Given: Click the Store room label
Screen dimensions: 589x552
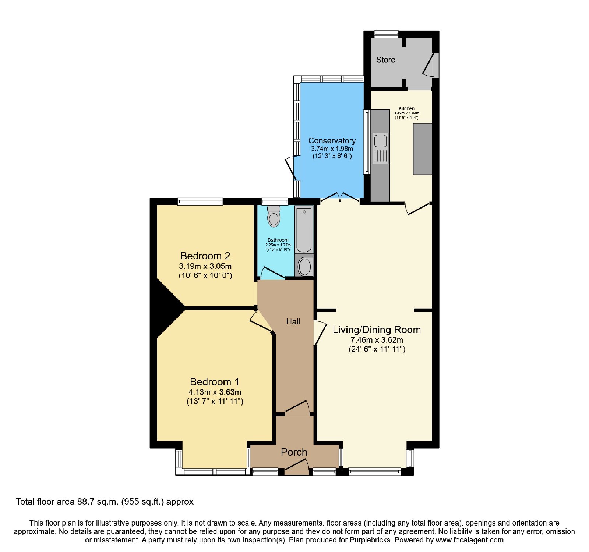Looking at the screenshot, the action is pyautogui.click(x=385, y=60).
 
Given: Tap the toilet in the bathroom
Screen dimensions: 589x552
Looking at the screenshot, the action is pyautogui.click(x=274, y=216).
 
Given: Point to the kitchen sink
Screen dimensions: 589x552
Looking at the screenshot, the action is pyautogui.click(x=381, y=148).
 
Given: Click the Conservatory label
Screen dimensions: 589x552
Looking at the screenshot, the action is pyautogui.click(x=332, y=140).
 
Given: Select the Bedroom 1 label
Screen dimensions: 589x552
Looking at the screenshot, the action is pyautogui.click(x=215, y=382).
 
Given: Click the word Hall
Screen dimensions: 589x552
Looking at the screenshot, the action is pyautogui.click(x=293, y=321).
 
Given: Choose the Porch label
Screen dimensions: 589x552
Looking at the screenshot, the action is pyautogui.click(x=294, y=452).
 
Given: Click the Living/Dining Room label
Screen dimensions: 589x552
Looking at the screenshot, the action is pyautogui.click(x=377, y=330).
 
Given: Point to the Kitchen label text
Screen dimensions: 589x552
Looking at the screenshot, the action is pyautogui.click(x=406, y=108).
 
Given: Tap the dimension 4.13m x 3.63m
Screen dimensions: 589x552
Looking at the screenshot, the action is pyautogui.click(x=215, y=392).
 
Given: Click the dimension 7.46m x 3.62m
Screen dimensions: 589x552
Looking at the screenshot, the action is pyautogui.click(x=377, y=340).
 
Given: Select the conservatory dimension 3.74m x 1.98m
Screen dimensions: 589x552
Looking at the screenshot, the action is pyautogui.click(x=332, y=149).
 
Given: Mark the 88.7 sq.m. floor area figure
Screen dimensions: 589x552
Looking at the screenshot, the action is pyautogui.click(x=98, y=502).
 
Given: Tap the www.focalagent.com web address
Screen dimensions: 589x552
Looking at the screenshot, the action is pyautogui.click(x=469, y=540).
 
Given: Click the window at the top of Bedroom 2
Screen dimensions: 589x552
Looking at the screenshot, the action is pyautogui.click(x=200, y=201).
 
